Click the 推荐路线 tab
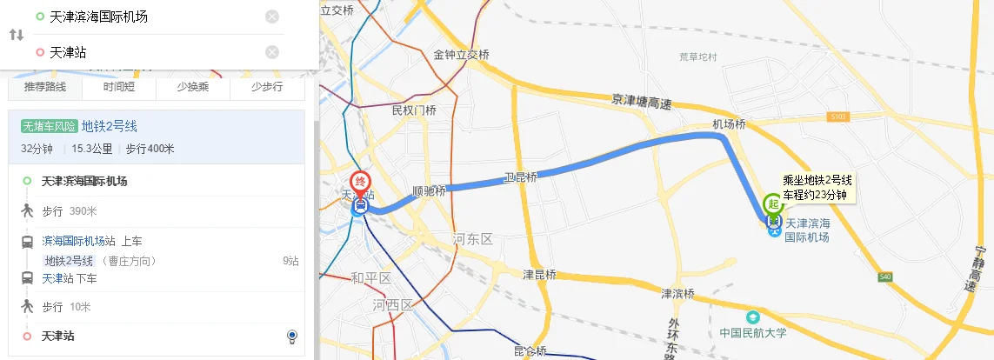coord(45,87)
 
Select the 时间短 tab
coord(119,87)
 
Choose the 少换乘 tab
coord(193,87)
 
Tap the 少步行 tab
coord(267,87)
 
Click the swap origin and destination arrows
coord(17,35)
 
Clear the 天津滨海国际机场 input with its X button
coord(272,17)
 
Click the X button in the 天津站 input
coord(272,52)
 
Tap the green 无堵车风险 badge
coord(50,126)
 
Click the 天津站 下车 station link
coord(57,278)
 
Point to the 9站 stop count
coord(290,260)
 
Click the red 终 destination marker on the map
coord(360,183)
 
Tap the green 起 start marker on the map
coord(773,204)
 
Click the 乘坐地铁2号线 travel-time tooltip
coord(817,187)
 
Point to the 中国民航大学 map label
coord(753,332)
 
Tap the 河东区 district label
coord(473,238)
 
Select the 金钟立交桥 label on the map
coord(462,54)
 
